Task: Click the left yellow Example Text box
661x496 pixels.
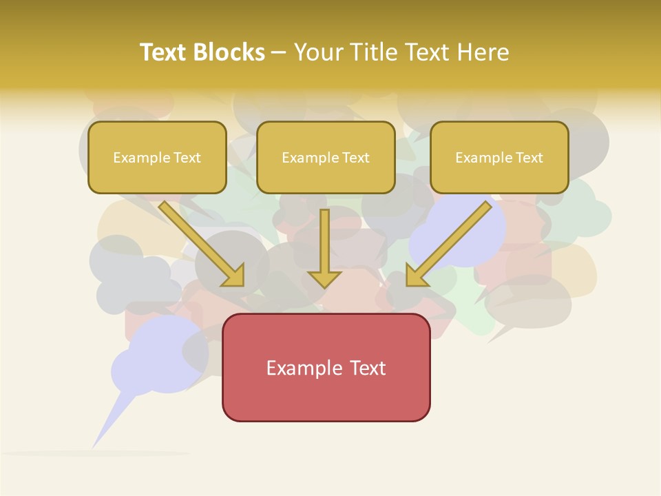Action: tap(157, 157)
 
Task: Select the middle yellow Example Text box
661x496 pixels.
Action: tap(326, 157)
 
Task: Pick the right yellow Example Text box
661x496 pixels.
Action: tap(499, 157)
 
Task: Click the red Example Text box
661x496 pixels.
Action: tap(326, 368)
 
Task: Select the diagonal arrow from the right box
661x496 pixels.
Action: tap(451, 241)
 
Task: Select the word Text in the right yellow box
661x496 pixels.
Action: tap(529, 158)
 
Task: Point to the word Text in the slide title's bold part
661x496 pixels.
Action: tap(164, 52)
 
